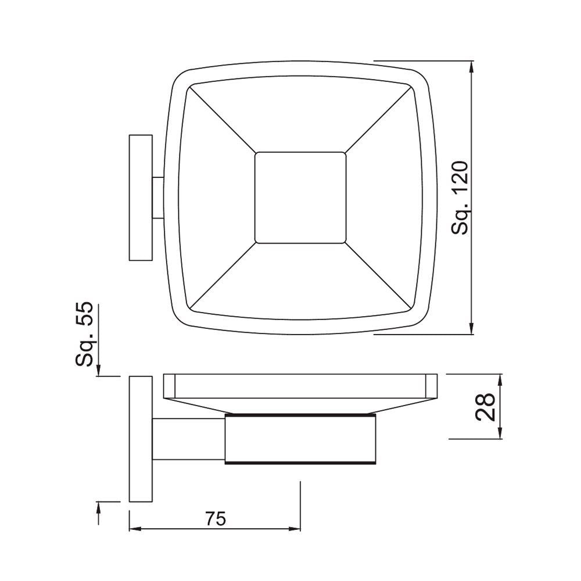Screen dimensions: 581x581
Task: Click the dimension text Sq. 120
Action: point(460,198)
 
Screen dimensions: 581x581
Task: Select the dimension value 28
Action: point(485,406)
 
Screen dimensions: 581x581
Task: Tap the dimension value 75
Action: point(214,518)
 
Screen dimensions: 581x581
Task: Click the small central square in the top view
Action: point(300,198)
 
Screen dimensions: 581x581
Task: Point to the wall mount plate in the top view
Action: point(140,198)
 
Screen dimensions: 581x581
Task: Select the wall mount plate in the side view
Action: point(140,438)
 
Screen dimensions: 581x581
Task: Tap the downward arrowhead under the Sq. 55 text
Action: point(99,370)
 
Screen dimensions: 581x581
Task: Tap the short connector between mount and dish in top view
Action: point(158,198)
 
